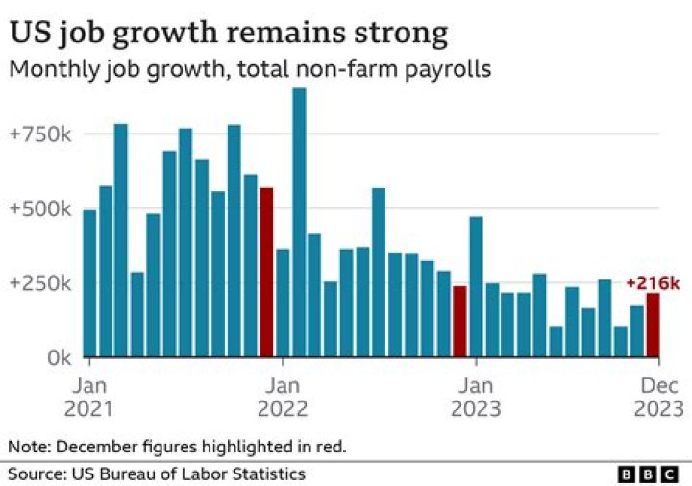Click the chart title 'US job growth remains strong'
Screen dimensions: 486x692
(229, 33)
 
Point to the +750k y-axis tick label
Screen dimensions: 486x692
(40, 134)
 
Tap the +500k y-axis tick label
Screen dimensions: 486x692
(40, 208)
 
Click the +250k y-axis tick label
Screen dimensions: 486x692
(40, 283)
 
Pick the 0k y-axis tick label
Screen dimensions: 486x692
(54, 357)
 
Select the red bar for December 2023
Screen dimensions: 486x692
(654, 325)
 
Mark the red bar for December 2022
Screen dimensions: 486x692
(459, 321)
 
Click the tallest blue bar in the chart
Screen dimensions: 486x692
(299, 222)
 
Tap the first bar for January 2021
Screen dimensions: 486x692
(89, 283)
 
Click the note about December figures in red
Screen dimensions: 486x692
(177, 447)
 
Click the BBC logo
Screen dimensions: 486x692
(651, 474)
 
